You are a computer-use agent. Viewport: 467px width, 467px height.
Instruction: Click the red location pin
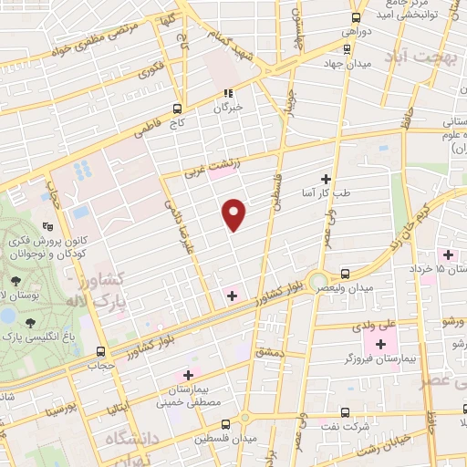coord(234,213)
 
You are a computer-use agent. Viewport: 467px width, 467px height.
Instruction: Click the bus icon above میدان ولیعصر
coord(345,274)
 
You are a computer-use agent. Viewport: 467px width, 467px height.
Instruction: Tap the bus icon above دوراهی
coord(357,16)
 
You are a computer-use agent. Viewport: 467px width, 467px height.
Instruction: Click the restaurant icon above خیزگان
coord(229,92)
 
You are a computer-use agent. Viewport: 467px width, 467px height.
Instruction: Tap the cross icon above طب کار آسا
coord(326,179)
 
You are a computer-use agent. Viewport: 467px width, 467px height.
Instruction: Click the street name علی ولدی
coord(373,323)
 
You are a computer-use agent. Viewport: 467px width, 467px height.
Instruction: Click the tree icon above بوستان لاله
coord(31,322)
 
